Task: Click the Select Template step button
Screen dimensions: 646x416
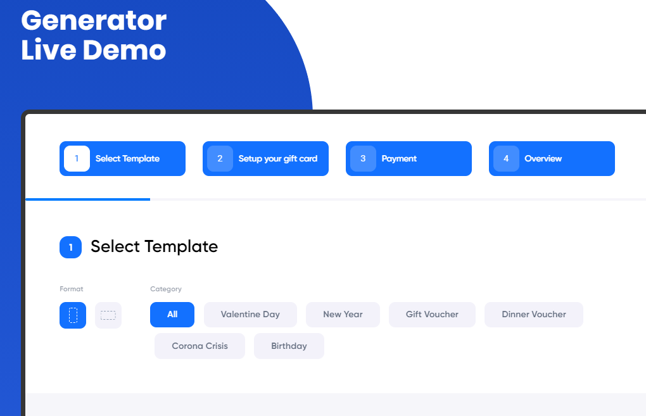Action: point(122,158)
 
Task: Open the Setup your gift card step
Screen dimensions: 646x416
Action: point(265,158)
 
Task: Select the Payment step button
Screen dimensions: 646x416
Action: point(408,158)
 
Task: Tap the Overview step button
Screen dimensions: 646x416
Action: point(552,158)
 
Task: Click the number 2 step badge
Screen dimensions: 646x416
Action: point(220,158)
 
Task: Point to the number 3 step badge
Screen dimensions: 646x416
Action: point(363,158)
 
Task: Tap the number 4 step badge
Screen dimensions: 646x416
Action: point(506,158)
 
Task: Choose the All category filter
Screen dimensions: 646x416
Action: point(172,315)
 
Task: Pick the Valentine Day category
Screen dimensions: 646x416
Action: point(251,315)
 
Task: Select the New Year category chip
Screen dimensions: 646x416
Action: point(343,315)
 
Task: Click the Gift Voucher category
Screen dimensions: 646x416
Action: point(432,315)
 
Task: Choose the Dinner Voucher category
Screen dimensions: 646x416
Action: point(534,315)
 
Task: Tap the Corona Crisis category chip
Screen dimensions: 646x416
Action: point(199,346)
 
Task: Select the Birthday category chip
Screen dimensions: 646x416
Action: point(289,346)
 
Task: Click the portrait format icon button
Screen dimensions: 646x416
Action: point(73,315)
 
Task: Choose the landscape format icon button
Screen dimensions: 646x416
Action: point(108,315)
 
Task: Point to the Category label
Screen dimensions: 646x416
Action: point(166,289)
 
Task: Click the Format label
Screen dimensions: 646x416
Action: point(72,289)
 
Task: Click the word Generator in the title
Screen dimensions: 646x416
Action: point(94,21)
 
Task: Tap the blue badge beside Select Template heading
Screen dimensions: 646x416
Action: point(70,247)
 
